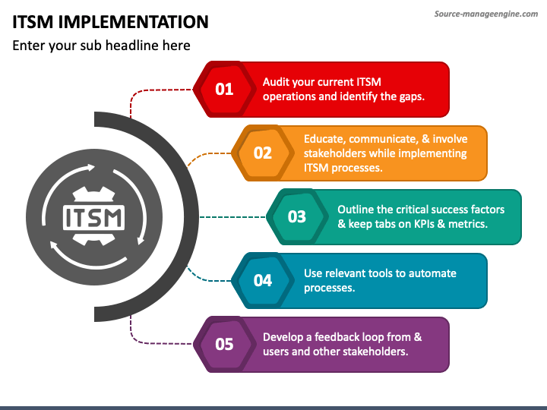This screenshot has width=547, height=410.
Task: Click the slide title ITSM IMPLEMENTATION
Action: point(111,21)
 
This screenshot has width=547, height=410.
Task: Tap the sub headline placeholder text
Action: point(101,46)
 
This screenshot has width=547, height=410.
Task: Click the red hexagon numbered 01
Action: point(224,89)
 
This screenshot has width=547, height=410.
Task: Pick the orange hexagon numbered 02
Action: point(262,153)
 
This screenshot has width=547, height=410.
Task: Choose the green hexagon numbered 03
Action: point(296,216)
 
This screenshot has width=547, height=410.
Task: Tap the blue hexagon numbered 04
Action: point(262,280)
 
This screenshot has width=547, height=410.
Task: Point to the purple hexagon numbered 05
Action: point(224,344)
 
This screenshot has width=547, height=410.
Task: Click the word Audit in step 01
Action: point(276,82)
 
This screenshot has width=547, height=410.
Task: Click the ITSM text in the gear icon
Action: point(94,216)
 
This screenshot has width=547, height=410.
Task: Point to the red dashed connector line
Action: point(152,91)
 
